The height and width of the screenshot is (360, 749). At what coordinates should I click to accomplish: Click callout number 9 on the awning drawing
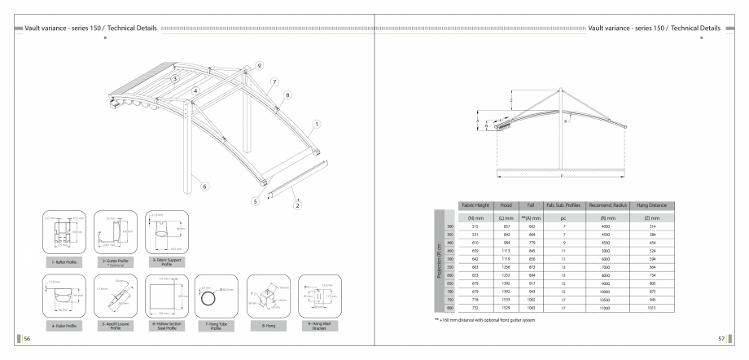tap(260, 64)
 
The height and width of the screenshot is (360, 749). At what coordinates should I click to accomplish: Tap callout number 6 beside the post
tap(206, 187)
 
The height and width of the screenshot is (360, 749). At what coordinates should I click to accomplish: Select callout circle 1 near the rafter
tap(317, 125)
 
